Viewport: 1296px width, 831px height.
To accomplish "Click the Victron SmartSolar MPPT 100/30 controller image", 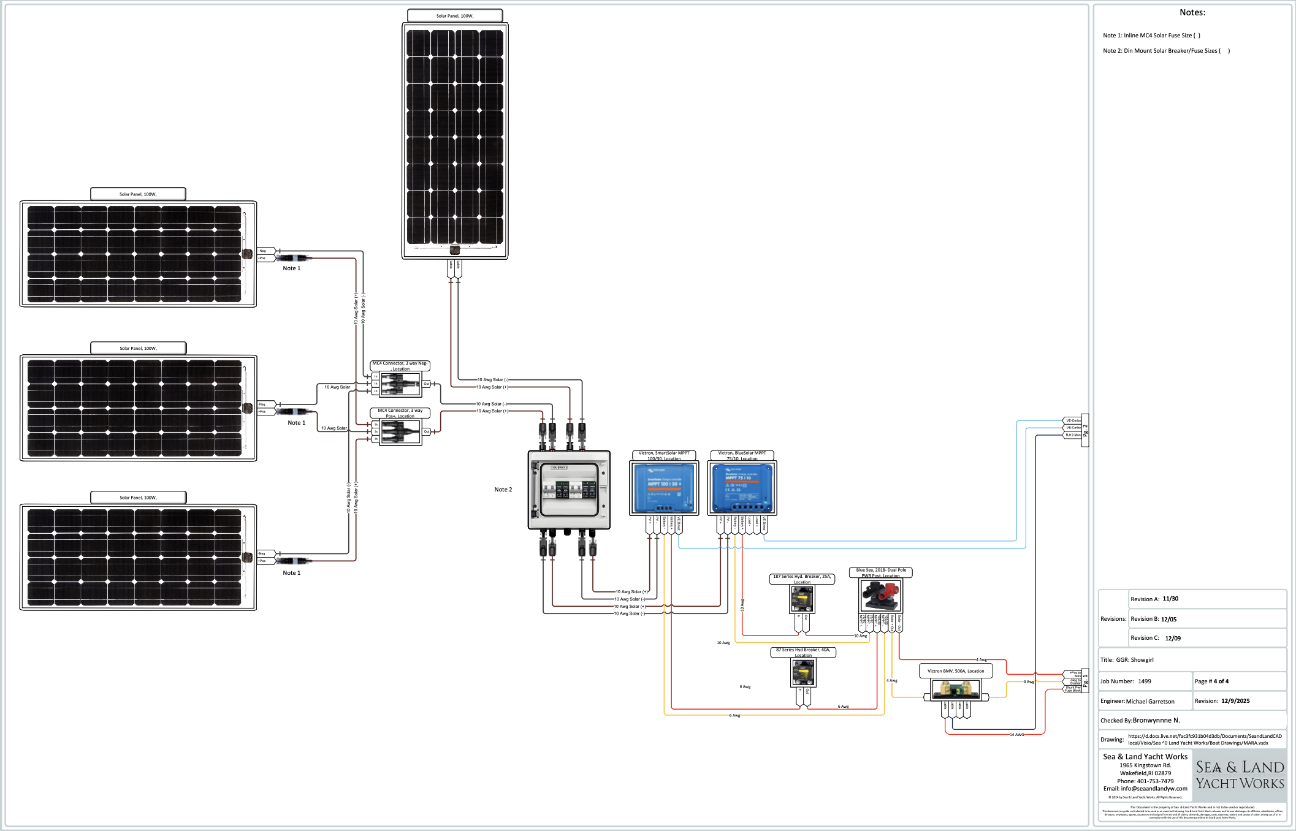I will point(664,488).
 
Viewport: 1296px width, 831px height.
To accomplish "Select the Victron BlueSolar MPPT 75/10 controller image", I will point(742,488).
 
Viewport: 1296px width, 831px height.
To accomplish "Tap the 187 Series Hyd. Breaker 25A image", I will point(802,599).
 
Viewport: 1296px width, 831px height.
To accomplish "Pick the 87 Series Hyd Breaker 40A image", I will point(803,673).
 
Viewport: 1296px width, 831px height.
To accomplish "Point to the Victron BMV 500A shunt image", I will point(956,691).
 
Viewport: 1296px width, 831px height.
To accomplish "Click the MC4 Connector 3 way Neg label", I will point(400,366).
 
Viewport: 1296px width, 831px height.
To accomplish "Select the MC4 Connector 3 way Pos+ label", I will point(400,413).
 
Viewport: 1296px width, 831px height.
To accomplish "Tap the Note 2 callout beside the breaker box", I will point(503,490).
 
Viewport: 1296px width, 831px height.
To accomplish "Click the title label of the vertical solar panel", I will point(455,16).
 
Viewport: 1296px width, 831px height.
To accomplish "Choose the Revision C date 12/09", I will point(1173,639).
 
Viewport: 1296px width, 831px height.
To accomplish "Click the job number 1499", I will point(1145,681).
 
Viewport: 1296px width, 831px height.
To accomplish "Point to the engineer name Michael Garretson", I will point(1150,702).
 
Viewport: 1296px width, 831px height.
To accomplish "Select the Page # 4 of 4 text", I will point(1211,681).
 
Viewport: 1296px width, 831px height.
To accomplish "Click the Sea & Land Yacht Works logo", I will point(1240,775).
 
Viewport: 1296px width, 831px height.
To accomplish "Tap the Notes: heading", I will point(1192,13).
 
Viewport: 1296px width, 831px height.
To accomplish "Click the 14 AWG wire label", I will point(1016,735).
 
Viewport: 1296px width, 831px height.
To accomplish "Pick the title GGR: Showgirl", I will point(1135,660).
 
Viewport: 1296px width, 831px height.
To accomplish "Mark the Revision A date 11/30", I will point(1170,599).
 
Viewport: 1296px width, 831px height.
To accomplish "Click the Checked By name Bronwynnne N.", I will point(1156,721).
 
